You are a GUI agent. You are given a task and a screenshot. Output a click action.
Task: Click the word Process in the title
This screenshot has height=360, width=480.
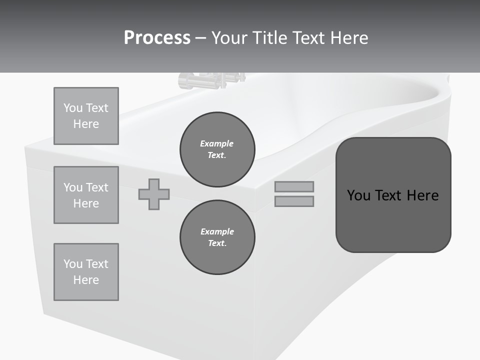click(157, 38)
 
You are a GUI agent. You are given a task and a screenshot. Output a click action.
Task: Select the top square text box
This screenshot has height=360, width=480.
click(86, 116)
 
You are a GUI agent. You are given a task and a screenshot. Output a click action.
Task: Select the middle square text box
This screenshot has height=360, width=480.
click(86, 195)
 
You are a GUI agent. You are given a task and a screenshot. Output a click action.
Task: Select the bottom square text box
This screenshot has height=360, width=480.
click(86, 272)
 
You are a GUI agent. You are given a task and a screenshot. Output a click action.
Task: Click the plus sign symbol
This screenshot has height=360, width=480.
click(154, 194)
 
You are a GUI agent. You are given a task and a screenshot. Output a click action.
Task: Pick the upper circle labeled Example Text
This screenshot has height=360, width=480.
click(217, 149)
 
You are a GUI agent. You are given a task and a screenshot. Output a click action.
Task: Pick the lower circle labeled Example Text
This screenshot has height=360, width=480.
click(217, 237)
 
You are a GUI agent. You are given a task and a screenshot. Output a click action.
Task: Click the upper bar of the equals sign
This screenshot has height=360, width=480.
click(294, 187)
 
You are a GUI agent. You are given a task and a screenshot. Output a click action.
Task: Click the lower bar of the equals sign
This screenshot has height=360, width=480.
click(294, 201)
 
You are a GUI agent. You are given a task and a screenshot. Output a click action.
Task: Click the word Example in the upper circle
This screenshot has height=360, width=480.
click(216, 143)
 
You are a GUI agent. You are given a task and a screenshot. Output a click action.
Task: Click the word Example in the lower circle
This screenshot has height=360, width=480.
click(216, 231)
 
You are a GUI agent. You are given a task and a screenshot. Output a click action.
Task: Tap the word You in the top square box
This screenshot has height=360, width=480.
click(72, 108)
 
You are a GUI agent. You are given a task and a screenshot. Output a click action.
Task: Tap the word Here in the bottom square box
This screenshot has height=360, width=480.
click(86, 280)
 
